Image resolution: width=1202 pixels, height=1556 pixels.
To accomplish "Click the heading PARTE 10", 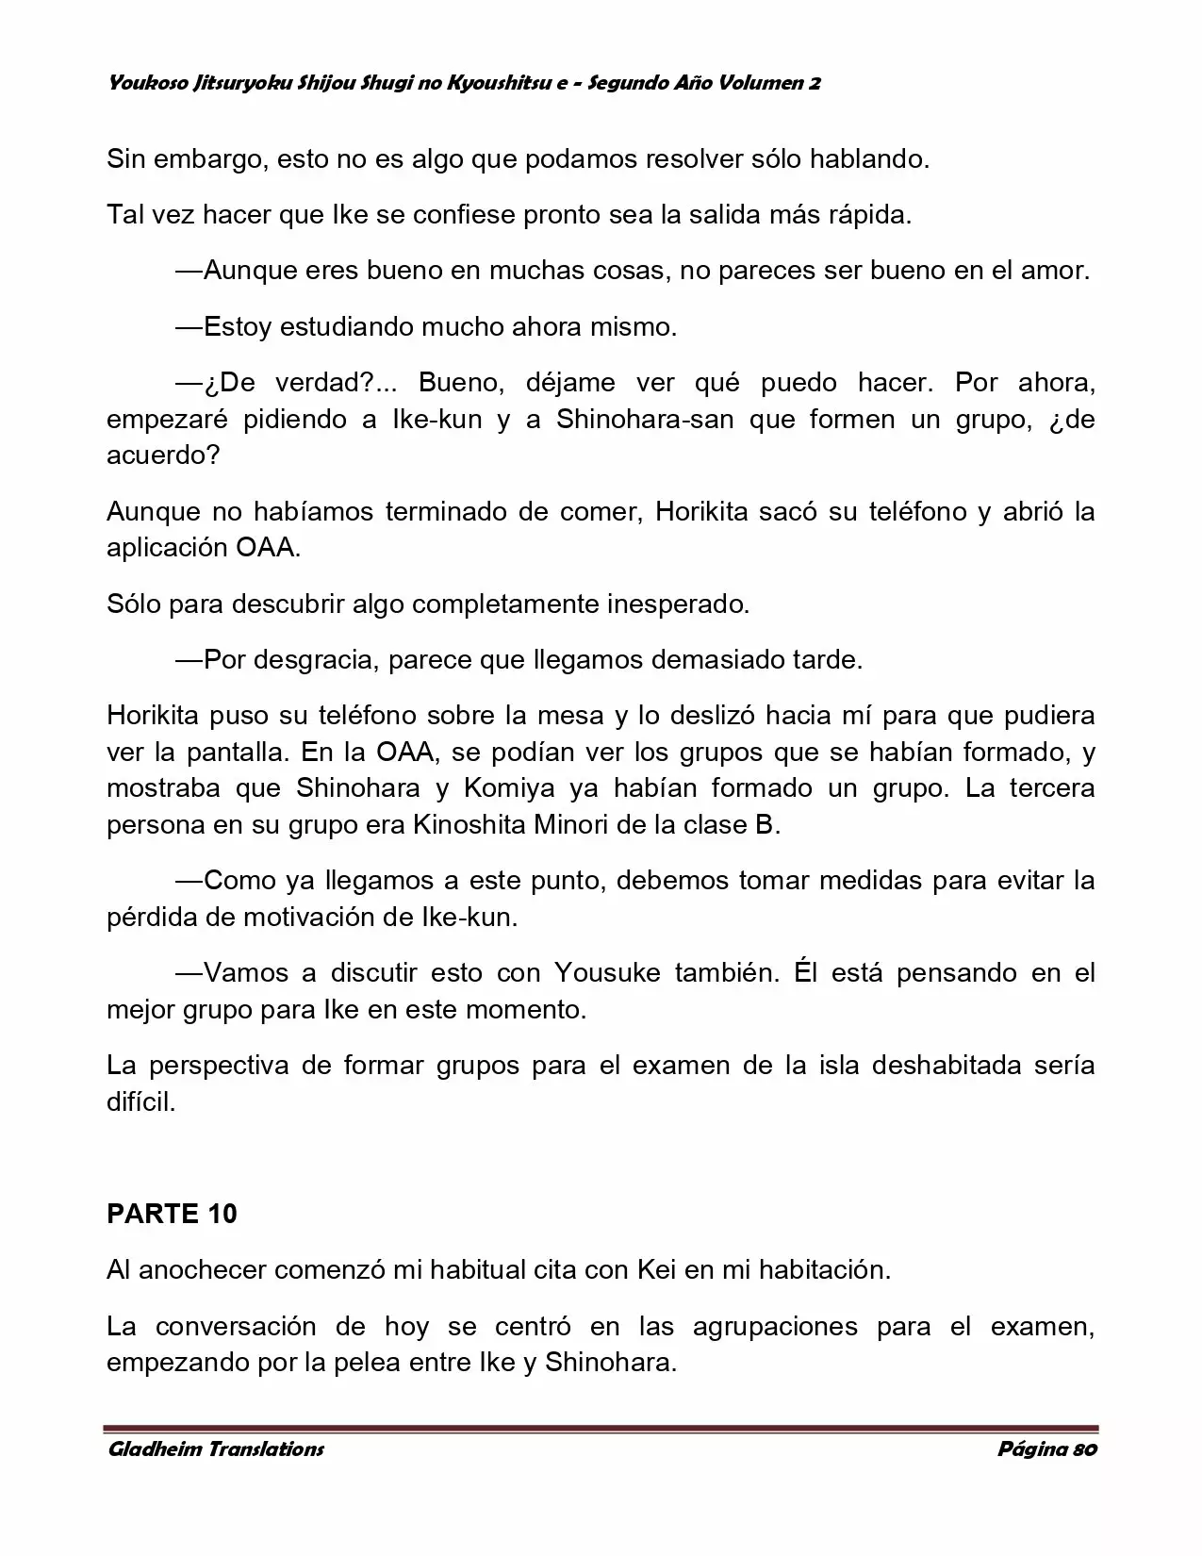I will tap(172, 1214).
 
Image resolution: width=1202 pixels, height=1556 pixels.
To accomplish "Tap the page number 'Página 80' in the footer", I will tap(1046, 1449).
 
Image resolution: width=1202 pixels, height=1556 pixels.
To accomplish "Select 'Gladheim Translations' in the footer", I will tap(216, 1449).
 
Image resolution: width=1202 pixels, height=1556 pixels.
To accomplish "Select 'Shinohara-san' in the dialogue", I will tap(645, 420).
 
